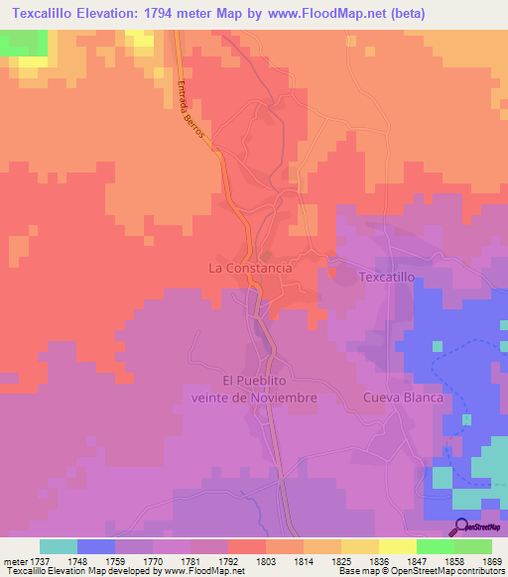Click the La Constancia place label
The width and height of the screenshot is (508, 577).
pyautogui.click(x=250, y=268)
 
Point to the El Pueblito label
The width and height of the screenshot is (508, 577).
pyautogui.click(x=254, y=381)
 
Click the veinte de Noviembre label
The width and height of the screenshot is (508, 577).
pyautogui.click(x=254, y=397)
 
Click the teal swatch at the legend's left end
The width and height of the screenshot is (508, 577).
pyautogui.click(x=59, y=546)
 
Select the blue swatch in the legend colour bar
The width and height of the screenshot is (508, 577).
pyautogui.click(x=96, y=546)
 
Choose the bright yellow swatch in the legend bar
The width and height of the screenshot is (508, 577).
pyautogui.click(x=398, y=546)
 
